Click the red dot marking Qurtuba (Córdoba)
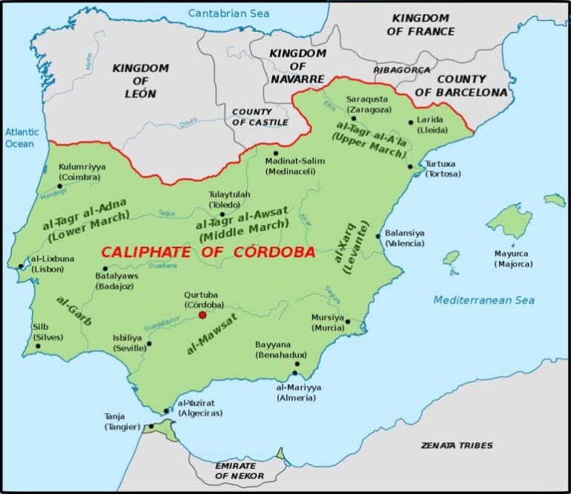202,315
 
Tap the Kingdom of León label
141,81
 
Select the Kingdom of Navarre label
297,65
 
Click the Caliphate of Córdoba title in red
208,252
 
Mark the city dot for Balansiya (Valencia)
378,237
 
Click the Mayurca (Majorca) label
513,259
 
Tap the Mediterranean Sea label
484,300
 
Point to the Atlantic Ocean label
20,137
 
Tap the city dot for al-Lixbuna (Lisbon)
21,266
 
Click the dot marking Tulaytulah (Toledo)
222,214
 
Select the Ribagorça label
401,70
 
